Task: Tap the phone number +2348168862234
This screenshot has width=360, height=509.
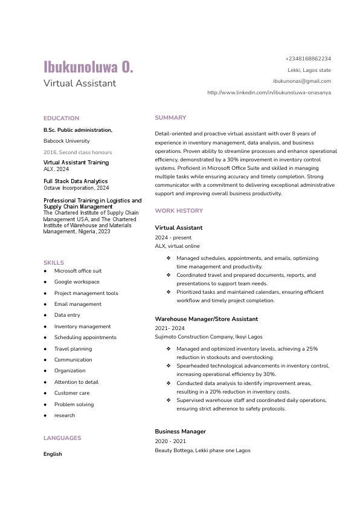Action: [308, 59]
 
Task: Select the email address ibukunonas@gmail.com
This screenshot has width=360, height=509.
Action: [302, 80]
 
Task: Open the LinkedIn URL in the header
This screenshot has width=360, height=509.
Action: [269, 92]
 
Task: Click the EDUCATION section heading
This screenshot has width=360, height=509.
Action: [61, 118]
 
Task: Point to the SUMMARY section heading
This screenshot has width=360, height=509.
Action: [170, 117]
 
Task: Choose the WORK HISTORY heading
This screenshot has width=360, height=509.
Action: [179, 211]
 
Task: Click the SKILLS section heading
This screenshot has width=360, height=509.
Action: [54, 263]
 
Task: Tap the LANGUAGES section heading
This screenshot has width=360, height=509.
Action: [62, 438]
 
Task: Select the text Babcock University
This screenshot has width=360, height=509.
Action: [66, 141]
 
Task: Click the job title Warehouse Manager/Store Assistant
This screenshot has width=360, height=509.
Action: [206, 319]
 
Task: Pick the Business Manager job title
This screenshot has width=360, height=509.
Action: [181, 432]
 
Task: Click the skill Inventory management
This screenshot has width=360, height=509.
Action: [83, 326]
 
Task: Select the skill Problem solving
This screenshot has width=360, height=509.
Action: [74, 404]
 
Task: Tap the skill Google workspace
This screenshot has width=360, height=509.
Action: [77, 282]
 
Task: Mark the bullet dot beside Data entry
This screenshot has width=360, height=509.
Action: [45, 316]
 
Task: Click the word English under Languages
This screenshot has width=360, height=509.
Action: [53, 454]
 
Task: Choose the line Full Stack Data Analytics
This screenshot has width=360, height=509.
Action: [76, 181]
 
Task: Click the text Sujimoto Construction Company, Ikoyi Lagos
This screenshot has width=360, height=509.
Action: [208, 337]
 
